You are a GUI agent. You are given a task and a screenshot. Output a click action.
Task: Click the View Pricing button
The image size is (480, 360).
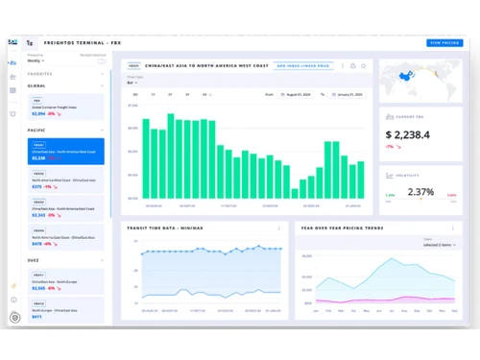click(444, 43)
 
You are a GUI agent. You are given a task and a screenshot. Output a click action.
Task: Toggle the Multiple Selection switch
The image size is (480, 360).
click(101, 61)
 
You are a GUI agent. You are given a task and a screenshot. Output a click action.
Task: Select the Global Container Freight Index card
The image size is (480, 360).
click(67, 108)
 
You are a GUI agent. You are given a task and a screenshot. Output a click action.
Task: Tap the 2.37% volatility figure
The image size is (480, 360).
click(420, 192)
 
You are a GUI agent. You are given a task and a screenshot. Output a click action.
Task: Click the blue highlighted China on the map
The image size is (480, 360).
click(406, 75)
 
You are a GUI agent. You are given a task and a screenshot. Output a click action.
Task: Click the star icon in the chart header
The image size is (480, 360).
click(364, 66)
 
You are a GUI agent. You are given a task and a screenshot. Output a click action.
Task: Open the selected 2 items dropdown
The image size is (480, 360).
click(441, 245)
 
